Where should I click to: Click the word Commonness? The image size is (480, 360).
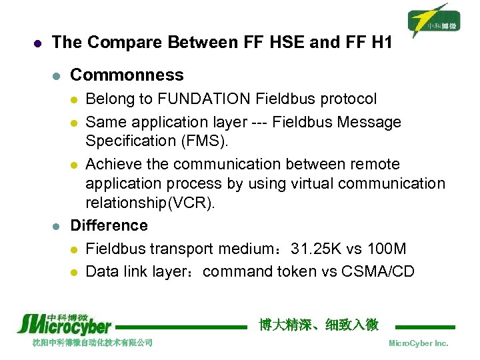pyautogui.click(x=127, y=75)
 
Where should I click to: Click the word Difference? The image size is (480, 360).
pyautogui.click(x=109, y=225)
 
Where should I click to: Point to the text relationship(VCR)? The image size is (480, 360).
pyautogui.click(x=151, y=202)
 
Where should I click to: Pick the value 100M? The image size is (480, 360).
pyautogui.click(x=386, y=249)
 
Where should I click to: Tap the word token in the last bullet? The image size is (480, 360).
pyautogui.click(x=316, y=271)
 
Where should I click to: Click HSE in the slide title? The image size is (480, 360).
pyautogui.click(x=289, y=43)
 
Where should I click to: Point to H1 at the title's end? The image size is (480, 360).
pyautogui.click(x=378, y=43)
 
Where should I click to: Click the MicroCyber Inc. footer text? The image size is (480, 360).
pyautogui.click(x=418, y=343)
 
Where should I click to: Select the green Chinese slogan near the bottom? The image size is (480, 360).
pyautogui.click(x=319, y=325)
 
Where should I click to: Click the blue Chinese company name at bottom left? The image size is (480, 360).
pyautogui.click(x=93, y=343)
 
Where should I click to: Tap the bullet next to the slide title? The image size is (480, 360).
pyautogui.click(x=37, y=43)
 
